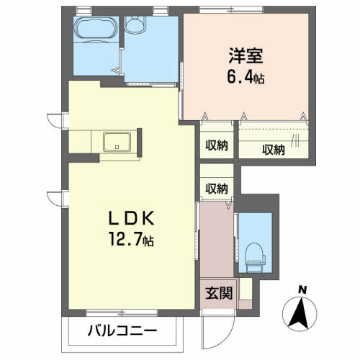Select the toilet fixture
point(253,254)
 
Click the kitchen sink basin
point(116,142)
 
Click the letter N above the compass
point(303,290)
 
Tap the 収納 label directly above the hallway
point(217,189)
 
